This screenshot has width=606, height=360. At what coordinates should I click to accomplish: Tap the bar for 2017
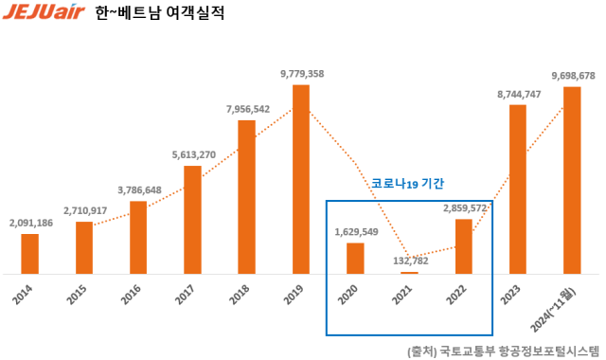[x=192, y=220]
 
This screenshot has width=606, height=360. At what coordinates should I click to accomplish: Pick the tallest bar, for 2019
[x=301, y=179]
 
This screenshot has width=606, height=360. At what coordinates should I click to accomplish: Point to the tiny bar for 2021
[x=409, y=273]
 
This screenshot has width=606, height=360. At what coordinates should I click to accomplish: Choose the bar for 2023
[x=518, y=189]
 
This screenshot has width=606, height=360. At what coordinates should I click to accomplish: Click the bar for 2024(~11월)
[x=572, y=180]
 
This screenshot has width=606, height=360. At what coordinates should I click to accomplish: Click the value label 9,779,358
[x=302, y=73]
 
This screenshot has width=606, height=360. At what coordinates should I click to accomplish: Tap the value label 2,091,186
[x=30, y=223]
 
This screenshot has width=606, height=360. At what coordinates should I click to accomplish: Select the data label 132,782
[x=410, y=261]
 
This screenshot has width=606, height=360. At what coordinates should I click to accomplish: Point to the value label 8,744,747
[x=519, y=94]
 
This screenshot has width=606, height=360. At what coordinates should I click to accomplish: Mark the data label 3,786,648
[x=138, y=189]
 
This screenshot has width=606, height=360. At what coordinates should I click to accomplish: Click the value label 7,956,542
[x=248, y=109]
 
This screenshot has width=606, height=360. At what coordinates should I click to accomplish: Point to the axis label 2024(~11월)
[x=565, y=305]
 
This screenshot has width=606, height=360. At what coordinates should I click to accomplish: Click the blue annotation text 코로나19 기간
[x=407, y=183]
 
